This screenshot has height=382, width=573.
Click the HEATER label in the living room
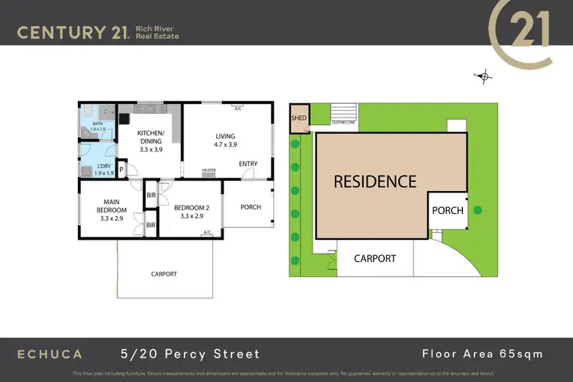(x=208, y=170)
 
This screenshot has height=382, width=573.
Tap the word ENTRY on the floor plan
(x=248, y=163)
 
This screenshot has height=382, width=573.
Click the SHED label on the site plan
(x=298, y=118)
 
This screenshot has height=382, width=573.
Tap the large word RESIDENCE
(x=375, y=182)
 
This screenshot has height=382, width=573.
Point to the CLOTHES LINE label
(x=343, y=122)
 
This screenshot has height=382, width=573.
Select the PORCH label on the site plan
(x=448, y=210)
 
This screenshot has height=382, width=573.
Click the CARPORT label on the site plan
(x=374, y=258)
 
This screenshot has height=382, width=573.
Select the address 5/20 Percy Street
(x=190, y=354)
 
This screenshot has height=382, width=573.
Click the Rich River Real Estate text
(x=157, y=32)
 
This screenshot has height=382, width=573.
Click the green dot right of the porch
(x=477, y=210)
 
